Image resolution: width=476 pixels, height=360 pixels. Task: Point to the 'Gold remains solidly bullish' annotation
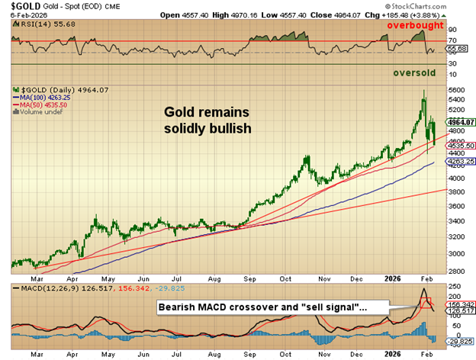(x=207, y=120)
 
